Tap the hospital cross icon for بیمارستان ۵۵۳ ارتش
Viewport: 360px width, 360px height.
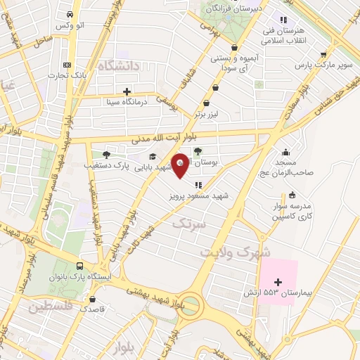(278, 282)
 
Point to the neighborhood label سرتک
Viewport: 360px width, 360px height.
(190, 224)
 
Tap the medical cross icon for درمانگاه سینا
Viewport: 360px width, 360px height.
(127, 91)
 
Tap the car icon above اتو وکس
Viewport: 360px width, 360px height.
(70, 15)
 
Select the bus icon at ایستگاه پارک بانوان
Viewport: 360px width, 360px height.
(79, 266)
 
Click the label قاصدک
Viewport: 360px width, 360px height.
(93, 308)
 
